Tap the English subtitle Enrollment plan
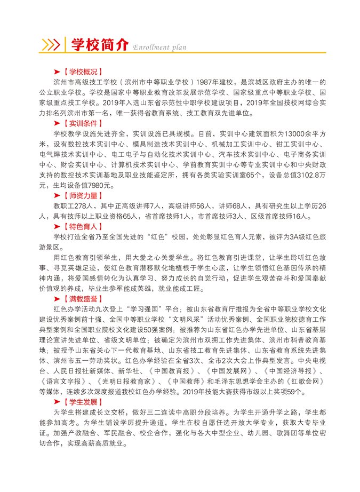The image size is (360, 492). (159, 47)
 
